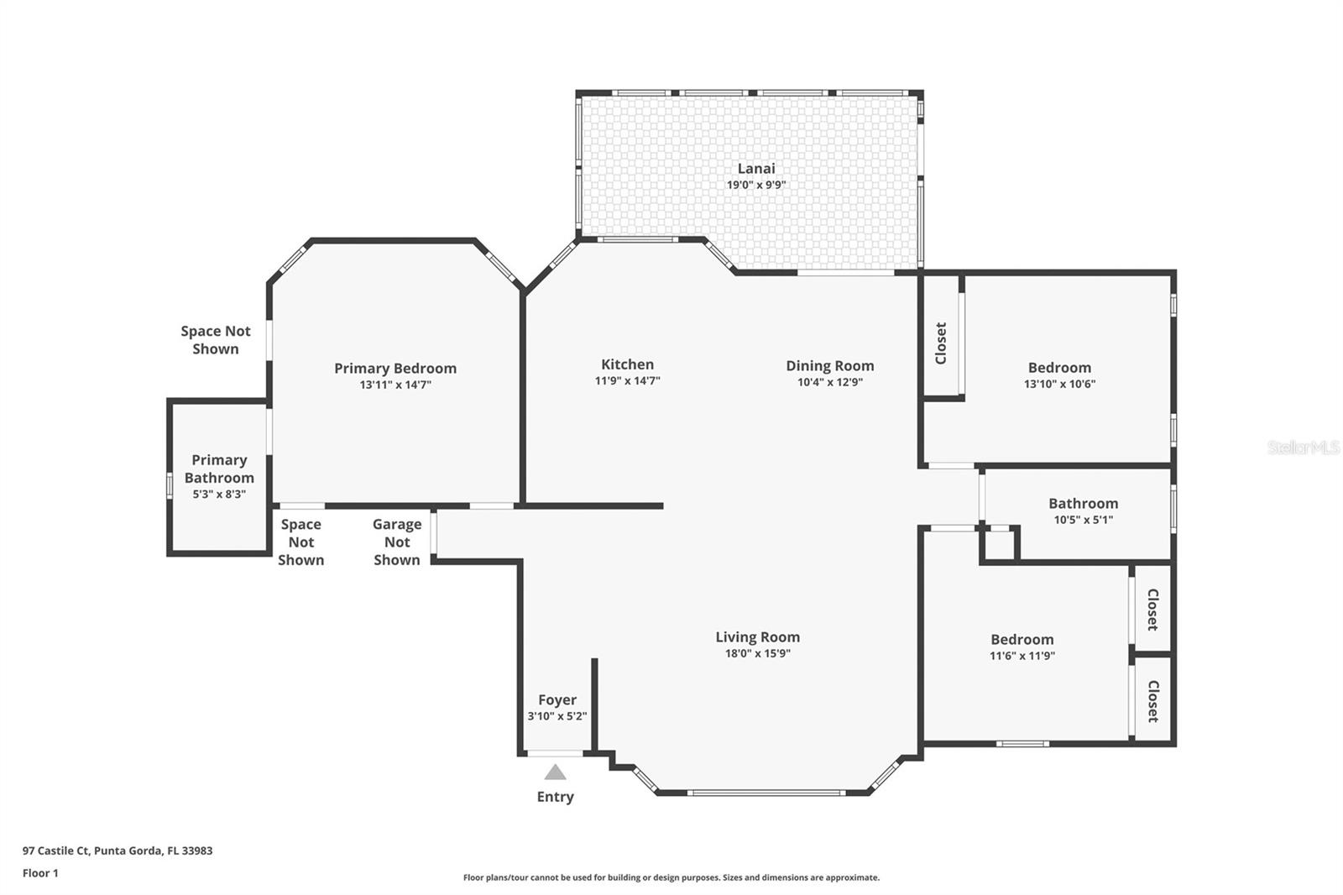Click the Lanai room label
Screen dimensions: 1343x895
pyautogui.click(x=756, y=169)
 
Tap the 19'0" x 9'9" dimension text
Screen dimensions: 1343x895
pyautogui.click(x=756, y=185)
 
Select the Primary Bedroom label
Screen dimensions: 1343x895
pyautogui.click(x=395, y=369)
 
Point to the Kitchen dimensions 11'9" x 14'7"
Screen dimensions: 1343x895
pyautogui.click(x=627, y=380)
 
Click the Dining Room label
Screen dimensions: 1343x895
pyautogui.click(x=830, y=366)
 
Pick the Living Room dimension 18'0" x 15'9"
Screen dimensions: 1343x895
pyautogui.click(x=758, y=653)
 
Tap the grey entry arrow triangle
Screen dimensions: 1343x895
pyautogui.click(x=555, y=772)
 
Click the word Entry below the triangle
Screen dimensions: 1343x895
pyautogui.click(x=555, y=797)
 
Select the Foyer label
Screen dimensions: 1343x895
pyautogui.click(x=557, y=700)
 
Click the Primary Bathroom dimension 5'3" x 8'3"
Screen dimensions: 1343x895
pyautogui.click(x=219, y=495)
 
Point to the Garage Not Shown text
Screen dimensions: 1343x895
pyautogui.click(x=397, y=542)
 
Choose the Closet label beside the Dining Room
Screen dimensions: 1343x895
pyautogui.click(x=941, y=343)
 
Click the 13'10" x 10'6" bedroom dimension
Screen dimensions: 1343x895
pyautogui.click(x=1059, y=384)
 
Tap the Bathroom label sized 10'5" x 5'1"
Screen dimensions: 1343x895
pyautogui.click(x=1083, y=503)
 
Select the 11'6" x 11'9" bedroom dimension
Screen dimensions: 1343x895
pyautogui.click(x=1022, y=656)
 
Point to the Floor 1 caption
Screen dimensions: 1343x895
pyautogui.click(x=40, y=873)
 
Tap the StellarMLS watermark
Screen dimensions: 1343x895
pyautogui.click(x=1304, y=447)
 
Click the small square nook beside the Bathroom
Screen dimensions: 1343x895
pyautogui.click(x=999, y=545)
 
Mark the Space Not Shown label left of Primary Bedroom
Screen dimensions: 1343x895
pyautogui.click(x=215, y=339)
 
